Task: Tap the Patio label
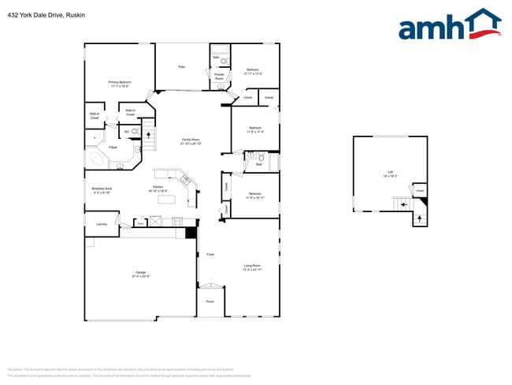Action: (x=181, y=68)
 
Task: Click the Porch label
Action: (x=210, y=301)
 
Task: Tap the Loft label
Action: (x=390, y=173)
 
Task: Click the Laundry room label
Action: (x=102, y=224)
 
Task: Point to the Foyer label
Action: (x=210, y=255)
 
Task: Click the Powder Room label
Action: (x=219, y=77)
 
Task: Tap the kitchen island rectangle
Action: (x=166, y=199)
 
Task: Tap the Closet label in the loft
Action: (x=420, y=190)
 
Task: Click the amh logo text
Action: (x=433, y=28)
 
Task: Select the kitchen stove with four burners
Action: (x=177, y=222)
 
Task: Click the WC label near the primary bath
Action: (x=126, y=131)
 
